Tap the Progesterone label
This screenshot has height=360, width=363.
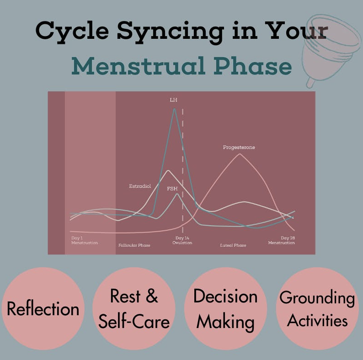(x=239, y=148)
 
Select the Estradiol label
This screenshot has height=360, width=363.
(x=140, y=186)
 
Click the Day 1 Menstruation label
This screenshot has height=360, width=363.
(x=84, y=240)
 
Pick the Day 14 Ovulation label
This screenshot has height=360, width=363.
(x=182, y=240)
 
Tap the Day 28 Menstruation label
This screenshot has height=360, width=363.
(x=282, y=240)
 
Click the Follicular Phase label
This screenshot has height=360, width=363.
(x=134, y=245)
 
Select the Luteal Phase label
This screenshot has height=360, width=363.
(x=233, y=245)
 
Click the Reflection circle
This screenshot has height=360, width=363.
(x=43, y=308)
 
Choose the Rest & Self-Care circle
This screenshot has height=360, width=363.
(x=134, y=308)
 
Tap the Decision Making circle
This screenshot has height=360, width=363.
(x=225, y=308)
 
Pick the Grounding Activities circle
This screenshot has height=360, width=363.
(x=317, y=308)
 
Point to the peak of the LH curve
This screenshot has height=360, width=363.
(x=174, y=109)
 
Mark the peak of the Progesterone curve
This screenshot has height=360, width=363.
(x=240, y=154)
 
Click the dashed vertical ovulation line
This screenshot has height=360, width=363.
(x=183, y=160)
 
